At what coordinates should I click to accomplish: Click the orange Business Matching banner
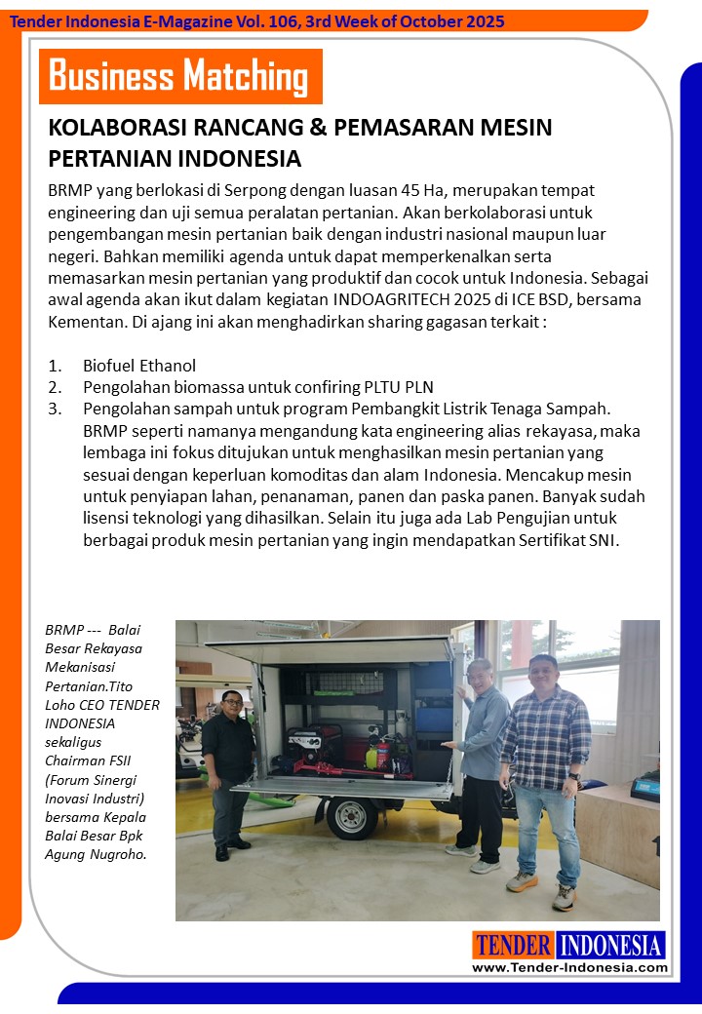[x=180, y=76]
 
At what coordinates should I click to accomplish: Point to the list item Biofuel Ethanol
[x=139, y=366]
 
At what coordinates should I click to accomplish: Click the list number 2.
[x=55, y=387]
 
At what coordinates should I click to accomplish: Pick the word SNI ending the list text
[x=602, y=539]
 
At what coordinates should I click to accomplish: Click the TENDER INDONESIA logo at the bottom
[x=569, y=945]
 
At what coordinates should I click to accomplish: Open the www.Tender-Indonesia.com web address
[x=569, y=967]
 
